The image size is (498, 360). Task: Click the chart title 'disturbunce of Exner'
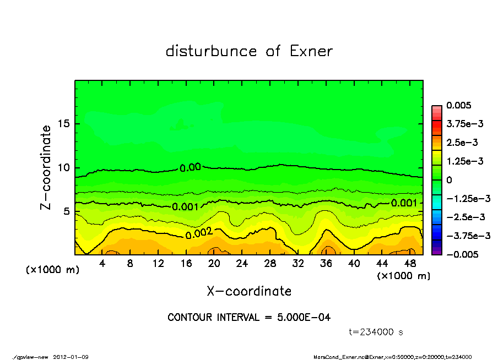(x=249, y=52)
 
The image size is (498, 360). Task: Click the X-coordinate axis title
(x=249, y=291)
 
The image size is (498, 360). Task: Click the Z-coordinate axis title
(x=46, y=167)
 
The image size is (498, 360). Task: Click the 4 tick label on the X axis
(x=102, y=264)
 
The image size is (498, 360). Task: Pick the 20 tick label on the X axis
(x=214, y=264)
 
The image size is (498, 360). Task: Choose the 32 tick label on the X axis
(x=298, y=264)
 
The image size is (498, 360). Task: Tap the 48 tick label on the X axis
(x=410, y=264)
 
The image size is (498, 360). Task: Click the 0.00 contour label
(x=191, y=168)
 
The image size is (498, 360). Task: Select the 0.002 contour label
(x=199, y=234)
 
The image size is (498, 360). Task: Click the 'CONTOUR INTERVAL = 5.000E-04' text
(x=249, y=318)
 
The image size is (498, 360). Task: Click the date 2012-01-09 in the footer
(x=71, y=357)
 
